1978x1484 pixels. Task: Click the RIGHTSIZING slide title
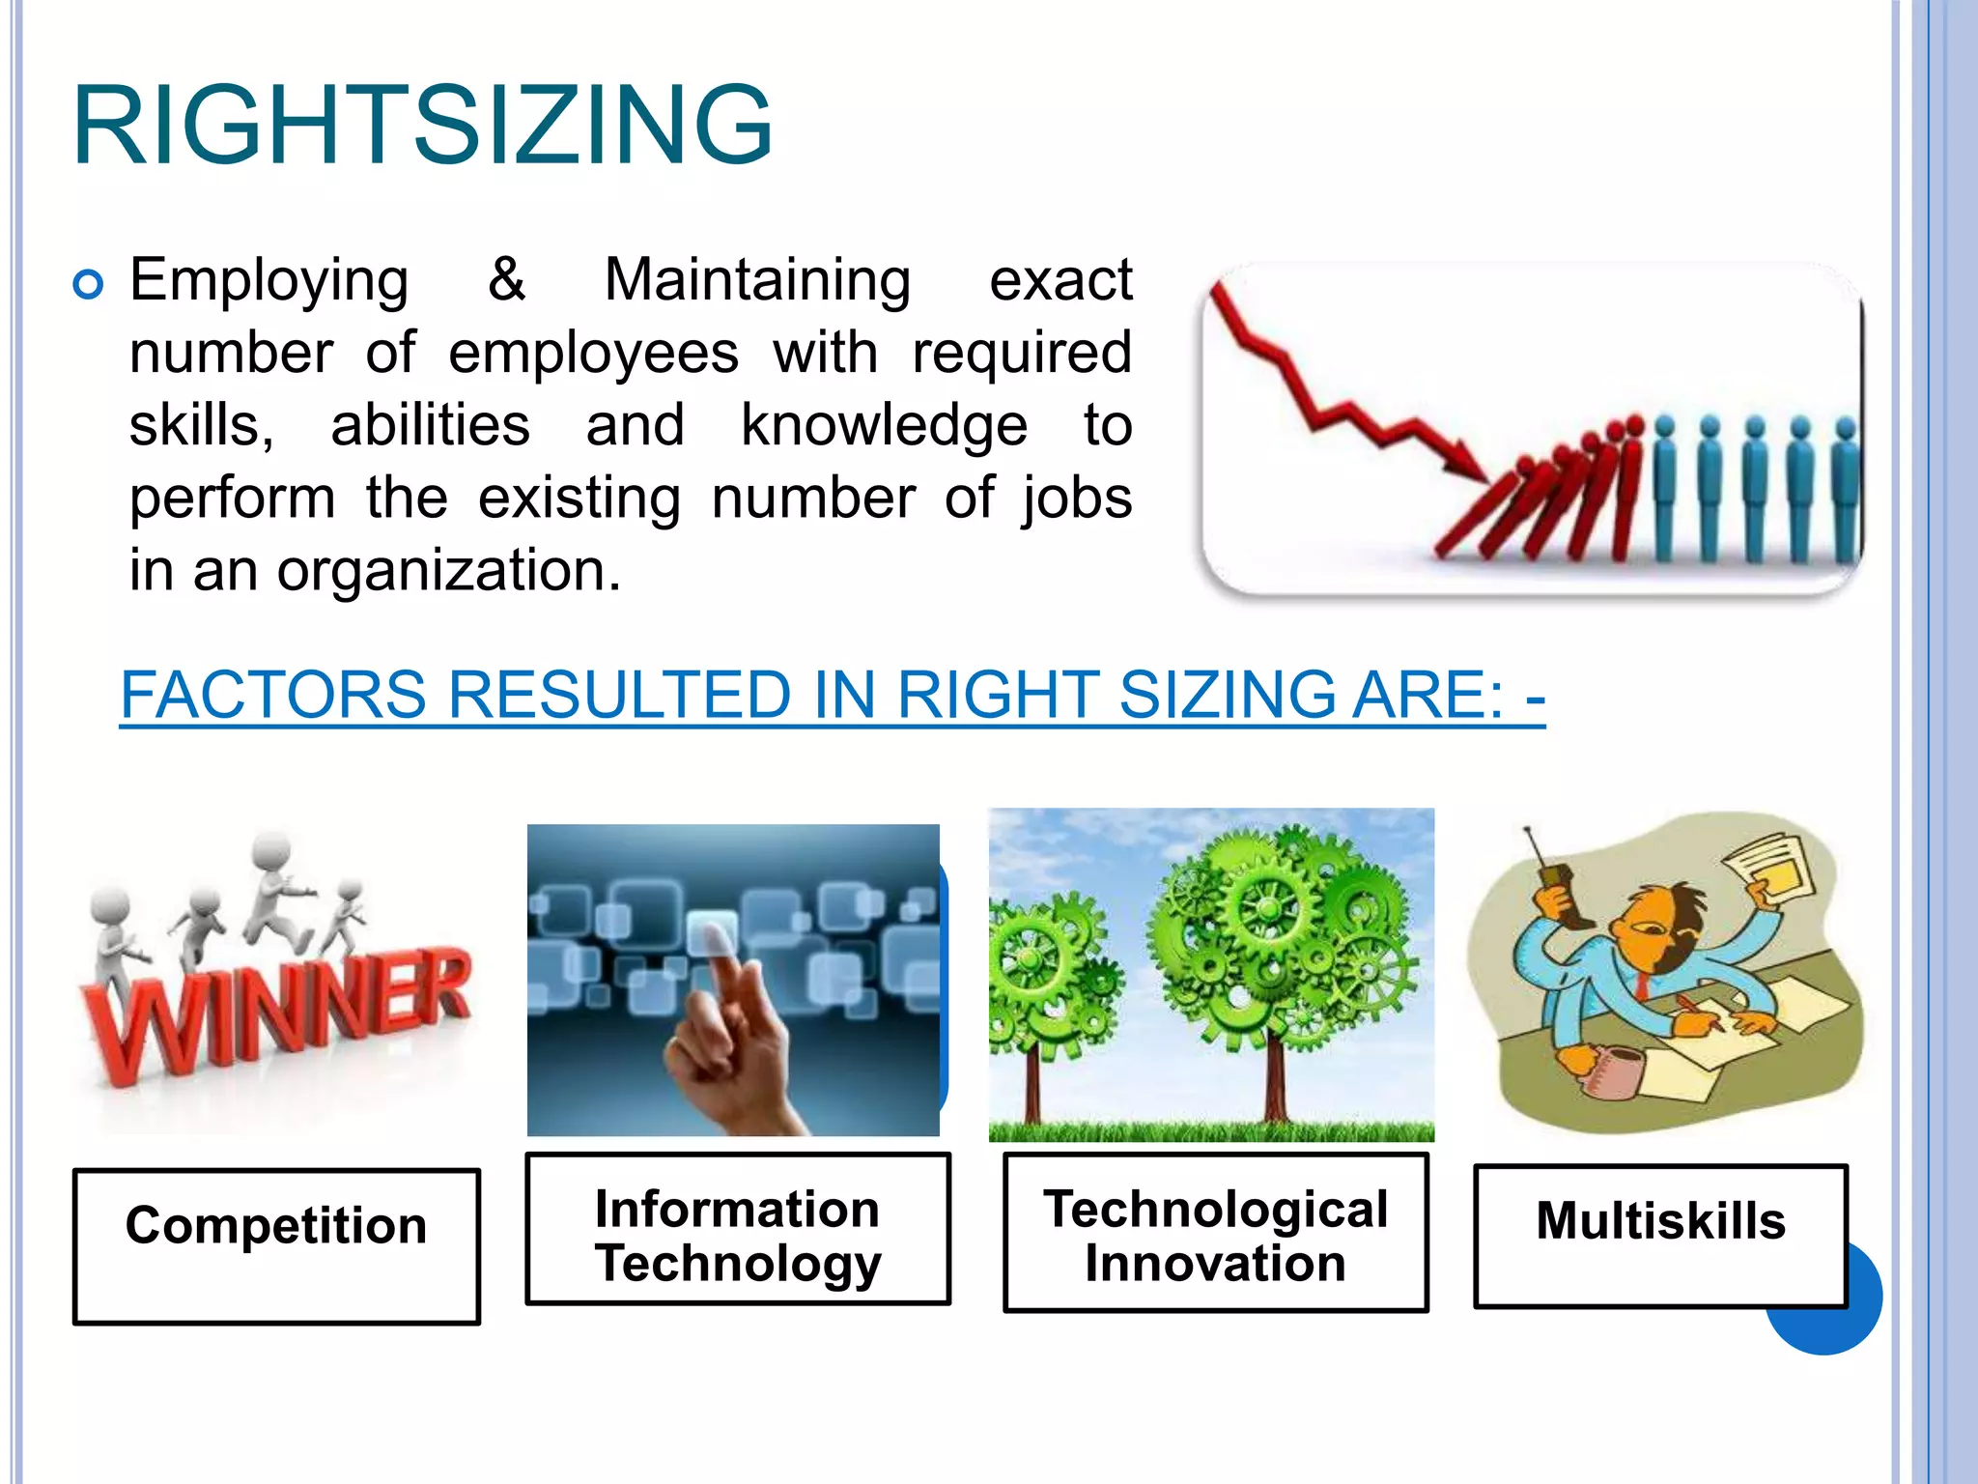[422, 126]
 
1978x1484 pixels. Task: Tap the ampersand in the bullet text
[506, 280]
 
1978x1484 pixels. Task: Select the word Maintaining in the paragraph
[757, 280]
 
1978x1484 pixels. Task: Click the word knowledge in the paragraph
[884, 425]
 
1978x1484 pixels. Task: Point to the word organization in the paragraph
[448, 570]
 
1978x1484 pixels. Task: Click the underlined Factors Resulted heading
[832, 695]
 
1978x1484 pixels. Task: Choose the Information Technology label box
[738, 1229]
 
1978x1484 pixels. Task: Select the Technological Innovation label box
[1215, 1232]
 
